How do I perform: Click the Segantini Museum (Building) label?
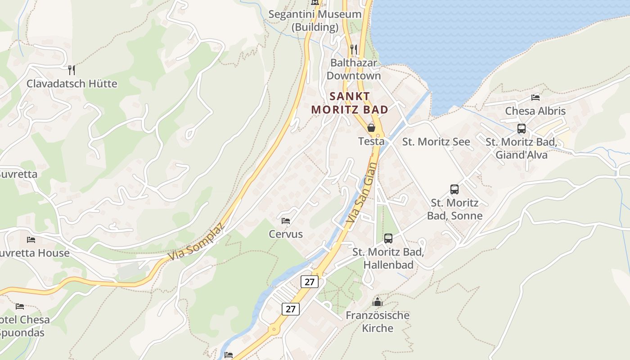click(x=315, y=20)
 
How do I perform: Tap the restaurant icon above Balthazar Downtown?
click(x=354, y=49)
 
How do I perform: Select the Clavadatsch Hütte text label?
click(x=72, y=84)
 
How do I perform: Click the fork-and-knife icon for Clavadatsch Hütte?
click(x=72, y=70)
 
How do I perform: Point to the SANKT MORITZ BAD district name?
click(x=350, y=103)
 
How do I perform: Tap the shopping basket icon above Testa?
click(x=371, y=128)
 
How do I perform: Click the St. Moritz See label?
click(x=436, y=142)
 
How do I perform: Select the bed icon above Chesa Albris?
click(x=535, y=97)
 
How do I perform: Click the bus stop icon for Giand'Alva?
click(x=522, y=129)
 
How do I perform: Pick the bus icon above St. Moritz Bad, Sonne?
click(x=454, y=189)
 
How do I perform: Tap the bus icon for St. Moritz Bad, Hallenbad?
click(x=388, y=238)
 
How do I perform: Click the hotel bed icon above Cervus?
click(x=286, y=220)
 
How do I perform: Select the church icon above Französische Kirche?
click(x=377, y=302)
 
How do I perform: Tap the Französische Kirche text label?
click(x=377, y=321)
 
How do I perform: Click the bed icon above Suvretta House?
click(x=31, y=239)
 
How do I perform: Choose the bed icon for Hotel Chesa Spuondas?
click(x=20, y=306)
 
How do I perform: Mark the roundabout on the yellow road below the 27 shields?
click(x=273, y=329)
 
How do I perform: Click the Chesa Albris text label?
click(x=535, y=111)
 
